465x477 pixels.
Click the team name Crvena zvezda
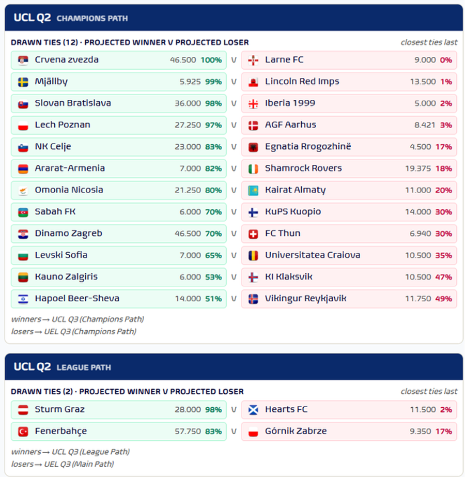(67, 59)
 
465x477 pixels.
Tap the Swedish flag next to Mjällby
(23, 82)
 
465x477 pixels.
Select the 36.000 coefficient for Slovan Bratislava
(188, 103)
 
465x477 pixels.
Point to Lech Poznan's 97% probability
(213, 125)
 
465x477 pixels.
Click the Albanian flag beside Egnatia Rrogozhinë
(253, 147)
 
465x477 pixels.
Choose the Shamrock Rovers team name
(303, 168)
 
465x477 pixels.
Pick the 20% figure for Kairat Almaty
(443, 190)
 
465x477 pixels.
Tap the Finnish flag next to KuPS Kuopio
(253, 212)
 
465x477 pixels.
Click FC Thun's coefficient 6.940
(420, 234)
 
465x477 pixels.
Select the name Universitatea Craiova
(313, 255)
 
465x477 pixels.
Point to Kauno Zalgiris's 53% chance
(213, 277)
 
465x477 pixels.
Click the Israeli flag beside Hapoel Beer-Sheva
(23, 299)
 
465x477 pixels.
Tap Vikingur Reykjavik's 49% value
(443, 299)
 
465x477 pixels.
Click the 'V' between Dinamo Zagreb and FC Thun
(234, 234)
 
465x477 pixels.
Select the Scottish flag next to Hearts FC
(253, 410)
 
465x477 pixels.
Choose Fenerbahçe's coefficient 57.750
(188, 432)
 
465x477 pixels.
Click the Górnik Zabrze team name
(296, 431)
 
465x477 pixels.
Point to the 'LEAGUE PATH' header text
(84, 367)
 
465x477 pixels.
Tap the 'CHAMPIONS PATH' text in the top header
(92, 19)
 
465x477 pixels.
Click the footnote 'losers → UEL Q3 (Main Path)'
(63, 464)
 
